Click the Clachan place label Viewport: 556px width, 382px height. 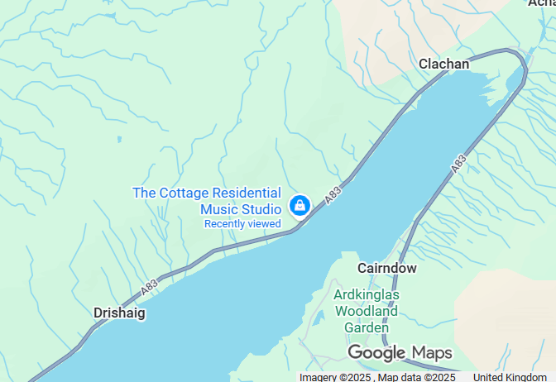443,64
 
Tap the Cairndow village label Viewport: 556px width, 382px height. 387,268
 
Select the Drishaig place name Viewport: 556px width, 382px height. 119,313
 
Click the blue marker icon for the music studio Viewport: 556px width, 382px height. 299,205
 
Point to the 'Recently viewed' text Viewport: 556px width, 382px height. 242,223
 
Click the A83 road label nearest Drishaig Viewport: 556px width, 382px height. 149,286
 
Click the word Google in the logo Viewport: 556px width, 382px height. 376,353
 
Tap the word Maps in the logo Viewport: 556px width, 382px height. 432,352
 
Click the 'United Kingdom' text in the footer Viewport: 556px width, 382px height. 516,377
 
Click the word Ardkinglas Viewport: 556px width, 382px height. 367,294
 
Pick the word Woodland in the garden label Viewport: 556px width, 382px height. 367,311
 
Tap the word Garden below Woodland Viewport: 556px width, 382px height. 367,327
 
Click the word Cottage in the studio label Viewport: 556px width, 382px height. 184,193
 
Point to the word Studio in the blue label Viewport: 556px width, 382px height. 260,208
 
